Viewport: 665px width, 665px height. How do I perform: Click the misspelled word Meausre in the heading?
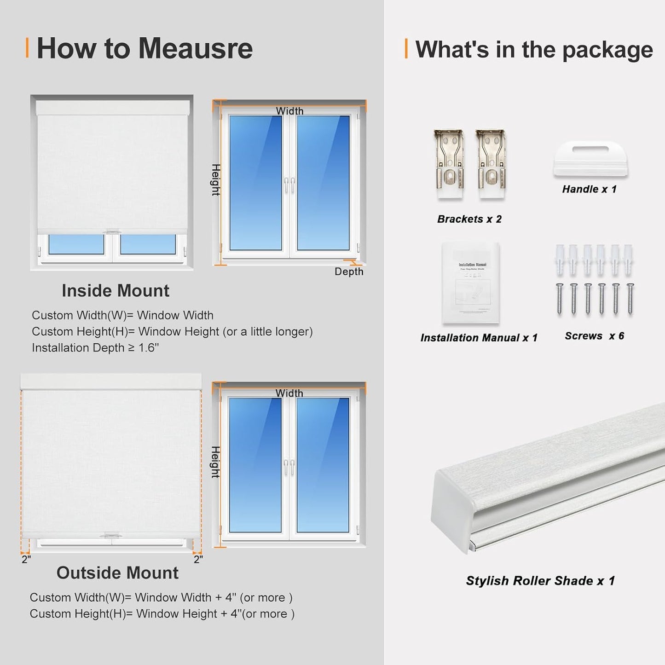196,48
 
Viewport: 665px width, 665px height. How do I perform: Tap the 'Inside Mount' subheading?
116,291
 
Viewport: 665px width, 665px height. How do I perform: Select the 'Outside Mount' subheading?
117,573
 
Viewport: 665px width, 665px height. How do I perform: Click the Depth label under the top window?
349,272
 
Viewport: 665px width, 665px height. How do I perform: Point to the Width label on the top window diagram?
289,111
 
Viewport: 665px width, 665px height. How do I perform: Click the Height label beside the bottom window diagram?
215,462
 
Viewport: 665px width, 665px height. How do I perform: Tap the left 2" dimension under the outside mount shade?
26,559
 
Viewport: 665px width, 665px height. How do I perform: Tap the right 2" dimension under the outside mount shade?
198,559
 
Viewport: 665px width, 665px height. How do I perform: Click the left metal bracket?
449,164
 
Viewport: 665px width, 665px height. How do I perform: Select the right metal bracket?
491,164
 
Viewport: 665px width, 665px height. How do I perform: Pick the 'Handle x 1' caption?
589,189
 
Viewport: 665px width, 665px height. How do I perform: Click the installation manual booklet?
470,283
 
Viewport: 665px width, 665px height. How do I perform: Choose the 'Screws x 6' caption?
594,336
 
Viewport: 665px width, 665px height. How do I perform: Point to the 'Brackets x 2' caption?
469,219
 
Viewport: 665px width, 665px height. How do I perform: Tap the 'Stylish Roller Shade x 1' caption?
540,581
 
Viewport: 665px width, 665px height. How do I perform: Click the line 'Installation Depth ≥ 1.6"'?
95,348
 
